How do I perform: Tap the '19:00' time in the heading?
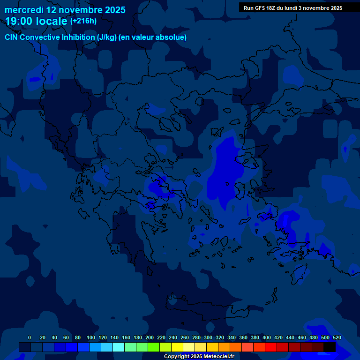coord(19,22)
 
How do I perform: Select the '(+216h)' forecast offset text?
coord(83,21)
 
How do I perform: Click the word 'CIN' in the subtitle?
coord(12,37)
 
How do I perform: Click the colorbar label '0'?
coord(30,337)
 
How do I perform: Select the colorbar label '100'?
coord(91,337)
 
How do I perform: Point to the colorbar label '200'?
coord(150,337)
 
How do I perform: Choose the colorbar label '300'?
coord(208,337)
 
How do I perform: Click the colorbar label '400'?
coord(267,337)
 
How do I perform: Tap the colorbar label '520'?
coord(337,337)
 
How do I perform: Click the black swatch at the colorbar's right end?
coord(330,347)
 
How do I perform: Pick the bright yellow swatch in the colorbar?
coord(177,347)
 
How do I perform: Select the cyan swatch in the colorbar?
coord(119,347)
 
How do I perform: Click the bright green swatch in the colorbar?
coord(154,347)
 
